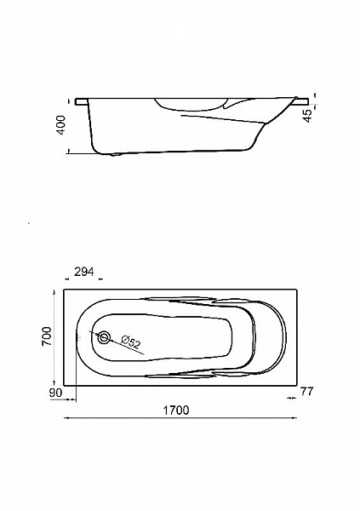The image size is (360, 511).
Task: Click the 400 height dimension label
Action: coord(61,125)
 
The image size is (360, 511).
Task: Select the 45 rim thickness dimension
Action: coord(308,115)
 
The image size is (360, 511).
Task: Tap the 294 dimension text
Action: coord(84,272)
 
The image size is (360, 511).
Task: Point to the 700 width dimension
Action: coord(47,336)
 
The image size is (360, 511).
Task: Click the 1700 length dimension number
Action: coord(175,410)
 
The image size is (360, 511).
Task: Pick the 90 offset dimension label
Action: coord(55,393)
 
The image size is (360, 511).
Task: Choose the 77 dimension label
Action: coord(306,391)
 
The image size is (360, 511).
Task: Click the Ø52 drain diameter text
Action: coord(130,342)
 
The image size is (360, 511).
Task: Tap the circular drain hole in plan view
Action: coord(105,337)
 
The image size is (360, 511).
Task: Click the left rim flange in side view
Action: coord(82,101)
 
